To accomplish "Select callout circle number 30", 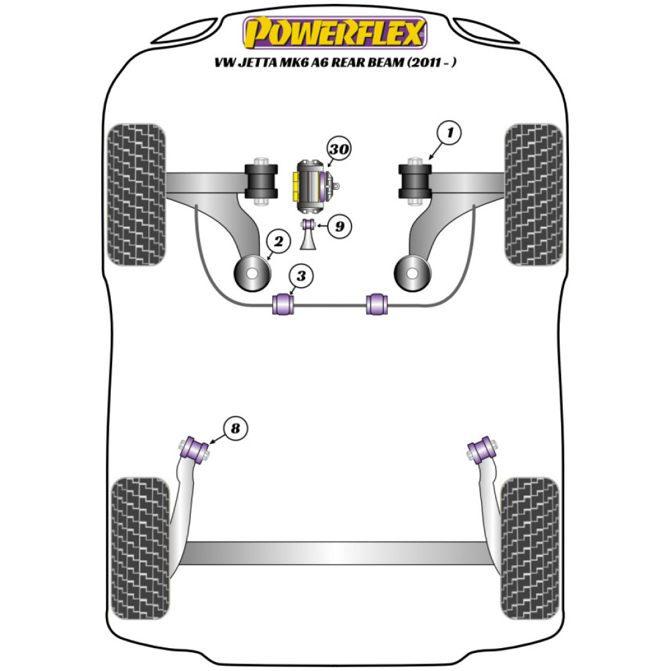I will (x=340, y=150).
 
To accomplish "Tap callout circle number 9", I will (x=340, y=226).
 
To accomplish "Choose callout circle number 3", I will (x=301, y=276).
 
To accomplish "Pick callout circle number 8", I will (x=234, y=427).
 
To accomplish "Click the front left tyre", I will (x=136, y=195).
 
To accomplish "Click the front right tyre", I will (x=533, y=195).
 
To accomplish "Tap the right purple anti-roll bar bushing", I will (x=377, y=303).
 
